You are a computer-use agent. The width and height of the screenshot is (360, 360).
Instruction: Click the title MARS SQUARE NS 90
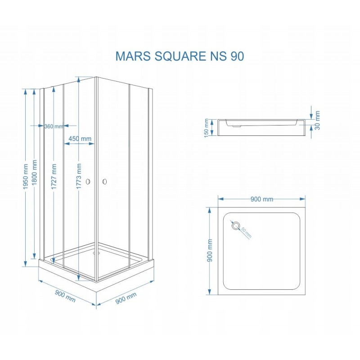180,56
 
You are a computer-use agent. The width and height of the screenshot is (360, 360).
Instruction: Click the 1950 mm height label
26,177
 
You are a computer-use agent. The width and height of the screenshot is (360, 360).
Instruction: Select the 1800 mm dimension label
35,173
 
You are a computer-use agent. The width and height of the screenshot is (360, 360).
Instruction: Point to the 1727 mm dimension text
54,176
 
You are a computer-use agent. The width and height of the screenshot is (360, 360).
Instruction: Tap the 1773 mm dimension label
79,176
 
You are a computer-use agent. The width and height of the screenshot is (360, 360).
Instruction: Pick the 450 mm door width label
80,139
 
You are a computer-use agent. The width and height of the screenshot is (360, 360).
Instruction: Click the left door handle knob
88,182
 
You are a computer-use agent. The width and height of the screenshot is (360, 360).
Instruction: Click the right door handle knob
105,182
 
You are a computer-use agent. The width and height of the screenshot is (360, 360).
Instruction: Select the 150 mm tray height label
206,128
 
